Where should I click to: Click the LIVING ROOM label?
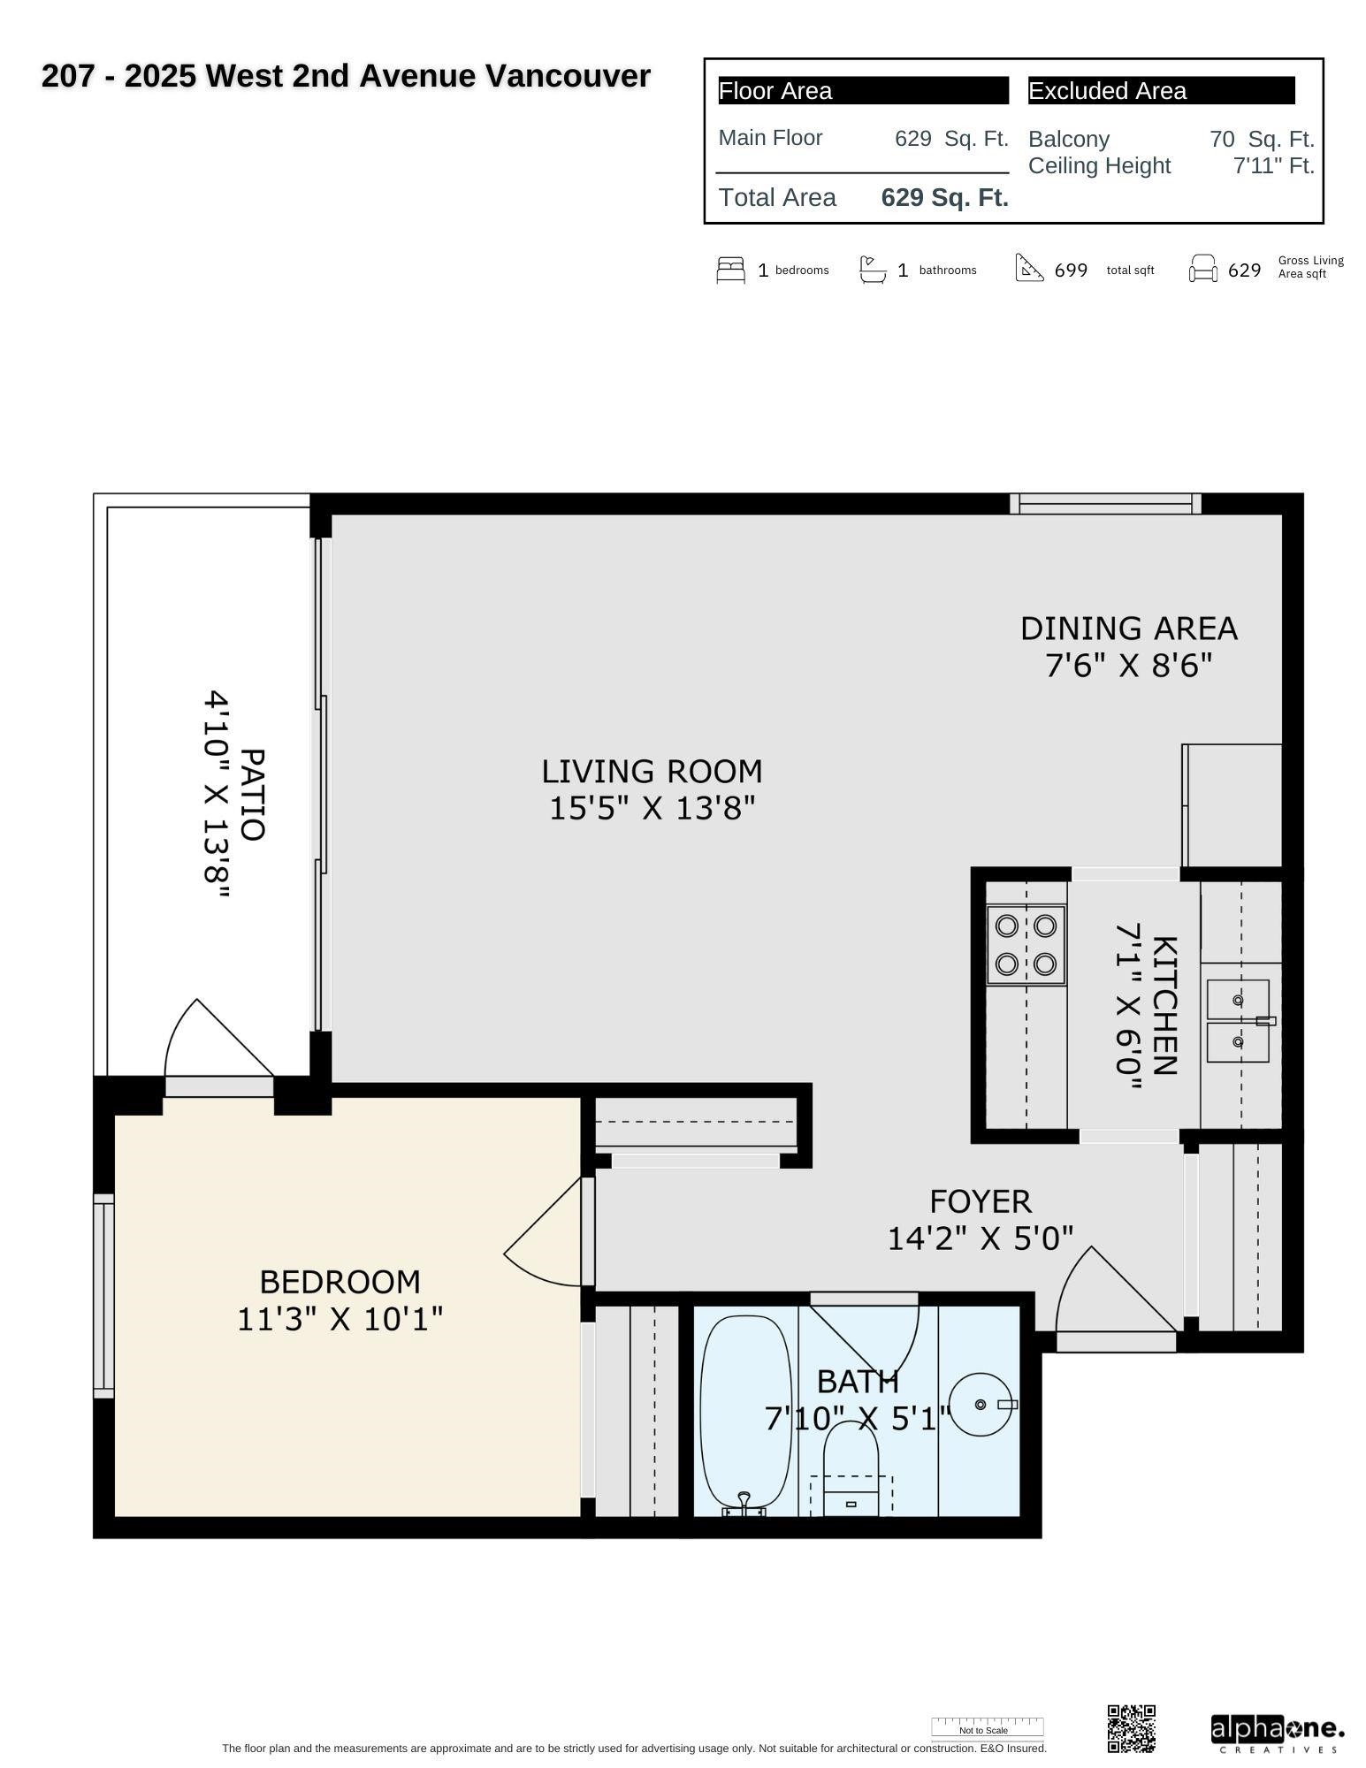click(652, 772)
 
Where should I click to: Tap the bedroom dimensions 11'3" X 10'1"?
click(340, 1319)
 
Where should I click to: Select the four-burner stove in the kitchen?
click(1026, 944)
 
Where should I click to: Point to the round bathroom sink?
click(983, 1404)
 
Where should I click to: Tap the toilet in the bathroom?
click(851, 1467)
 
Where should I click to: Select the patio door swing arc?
click(212, 1039)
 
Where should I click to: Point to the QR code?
click(1131, 1728)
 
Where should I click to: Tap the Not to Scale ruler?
click(987, 1726)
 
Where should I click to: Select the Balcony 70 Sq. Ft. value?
click(1262, 139)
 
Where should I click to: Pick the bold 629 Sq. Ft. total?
click(944, 197)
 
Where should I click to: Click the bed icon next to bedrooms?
click(730, 270)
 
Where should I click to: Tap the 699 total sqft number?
click(1071, 271)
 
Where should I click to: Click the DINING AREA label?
click(1128, 629)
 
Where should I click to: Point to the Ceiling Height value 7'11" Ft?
click(1273, 165)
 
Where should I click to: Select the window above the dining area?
click(1105, 504)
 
